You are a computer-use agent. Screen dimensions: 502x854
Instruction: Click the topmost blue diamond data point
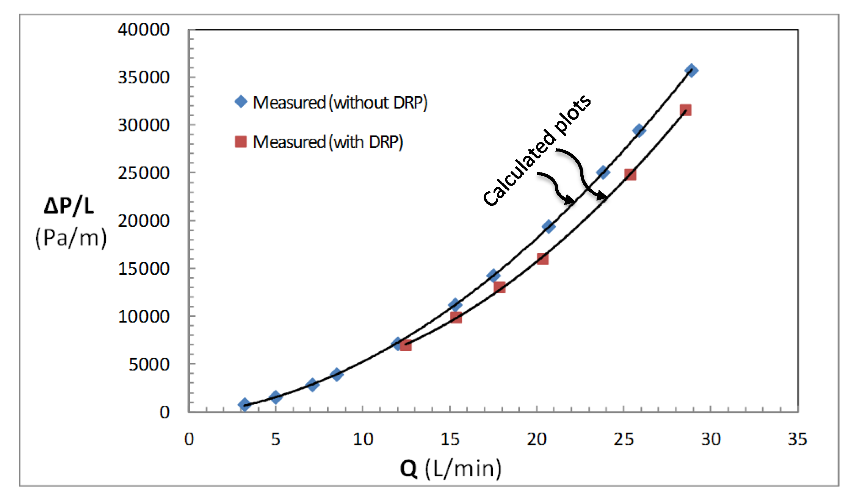pos(691,70)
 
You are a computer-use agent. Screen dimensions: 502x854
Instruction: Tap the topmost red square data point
pos(685,110)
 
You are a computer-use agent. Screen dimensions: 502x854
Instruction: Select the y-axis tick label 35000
pos(144,77)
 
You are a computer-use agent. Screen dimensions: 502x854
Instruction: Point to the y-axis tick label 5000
pos(149,364)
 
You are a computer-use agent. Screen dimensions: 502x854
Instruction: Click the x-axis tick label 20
pos(536,439)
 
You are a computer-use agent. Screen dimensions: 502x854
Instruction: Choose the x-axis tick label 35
pos(797,439)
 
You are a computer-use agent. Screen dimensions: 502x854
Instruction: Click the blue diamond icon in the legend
pos(241,102)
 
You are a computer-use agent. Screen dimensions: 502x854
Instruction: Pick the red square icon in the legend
pos(241,142)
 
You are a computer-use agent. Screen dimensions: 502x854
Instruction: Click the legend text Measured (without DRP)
pos(340,103)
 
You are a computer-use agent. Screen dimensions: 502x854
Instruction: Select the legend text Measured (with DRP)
pos(327,142)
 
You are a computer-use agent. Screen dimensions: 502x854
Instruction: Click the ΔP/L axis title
pos(69,206)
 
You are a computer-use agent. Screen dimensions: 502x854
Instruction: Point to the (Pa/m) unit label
pos(71,238)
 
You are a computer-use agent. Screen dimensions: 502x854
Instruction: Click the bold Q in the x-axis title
pos(409,469)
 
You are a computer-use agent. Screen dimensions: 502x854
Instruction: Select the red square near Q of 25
pos(630,175)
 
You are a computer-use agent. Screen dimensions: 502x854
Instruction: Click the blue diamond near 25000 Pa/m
pos(603,172)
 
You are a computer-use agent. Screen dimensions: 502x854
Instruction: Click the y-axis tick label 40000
pos(144,30)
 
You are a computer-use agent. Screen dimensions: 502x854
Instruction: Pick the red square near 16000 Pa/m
pos(542,259)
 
